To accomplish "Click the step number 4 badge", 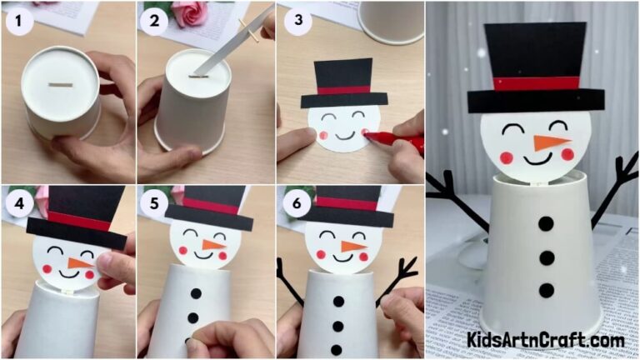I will pos(18,202).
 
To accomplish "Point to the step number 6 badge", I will pos(294,202).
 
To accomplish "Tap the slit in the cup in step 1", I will pos(61,84).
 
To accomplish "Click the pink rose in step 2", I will pos(190,12).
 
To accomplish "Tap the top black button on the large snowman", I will pos(546,223).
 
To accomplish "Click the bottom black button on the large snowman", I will pos(546,290).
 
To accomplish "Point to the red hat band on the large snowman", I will pos(537,82).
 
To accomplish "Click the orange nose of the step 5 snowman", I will pos(214,245).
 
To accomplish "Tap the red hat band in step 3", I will pos(343,89).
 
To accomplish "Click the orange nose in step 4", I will pos(79,263).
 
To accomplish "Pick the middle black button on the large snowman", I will pos(546,257).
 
